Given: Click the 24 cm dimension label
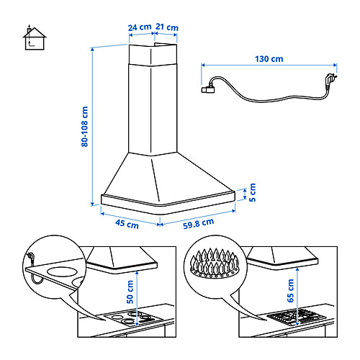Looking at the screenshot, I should coord(140,27).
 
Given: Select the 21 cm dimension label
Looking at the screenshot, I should coord(167,27).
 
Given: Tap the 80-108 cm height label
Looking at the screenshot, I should coord(84,127).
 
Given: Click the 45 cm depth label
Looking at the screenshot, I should coord(127,224).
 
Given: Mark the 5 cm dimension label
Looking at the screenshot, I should coord(252,192).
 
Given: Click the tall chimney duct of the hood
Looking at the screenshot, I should coord(151,101).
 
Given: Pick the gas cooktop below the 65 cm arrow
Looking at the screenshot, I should coord(288,317).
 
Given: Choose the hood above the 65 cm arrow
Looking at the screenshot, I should coord(288,259).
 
